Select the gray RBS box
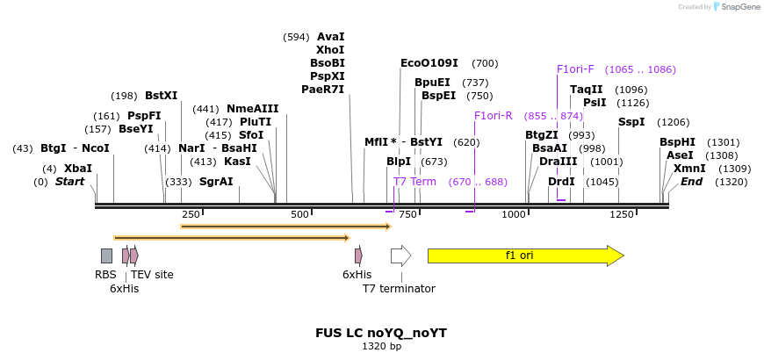click(x=106, y=256)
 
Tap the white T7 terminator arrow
click(x=400, y=256)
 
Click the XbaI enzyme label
click(x=77, y=169)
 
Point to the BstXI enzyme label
click(x=161, y=96)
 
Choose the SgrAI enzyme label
click(x=216, y=182)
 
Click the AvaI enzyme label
click(x=330, y=37)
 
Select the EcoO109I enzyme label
click(x=429, y=63)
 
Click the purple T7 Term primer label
click(x=414, y=182)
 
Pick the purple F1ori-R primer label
click(x=493, y=116)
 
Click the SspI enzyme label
click(x=631, y=122)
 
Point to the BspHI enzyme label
click(x=677, y=142)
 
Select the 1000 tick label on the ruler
click(x=514, y=215)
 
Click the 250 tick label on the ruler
click(x=191, y=215)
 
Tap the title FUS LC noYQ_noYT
click(x=381, y=334)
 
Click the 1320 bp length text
click(x=381, y=347)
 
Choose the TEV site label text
click(x=152, y=275)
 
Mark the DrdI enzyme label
click(x=561, y=182)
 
